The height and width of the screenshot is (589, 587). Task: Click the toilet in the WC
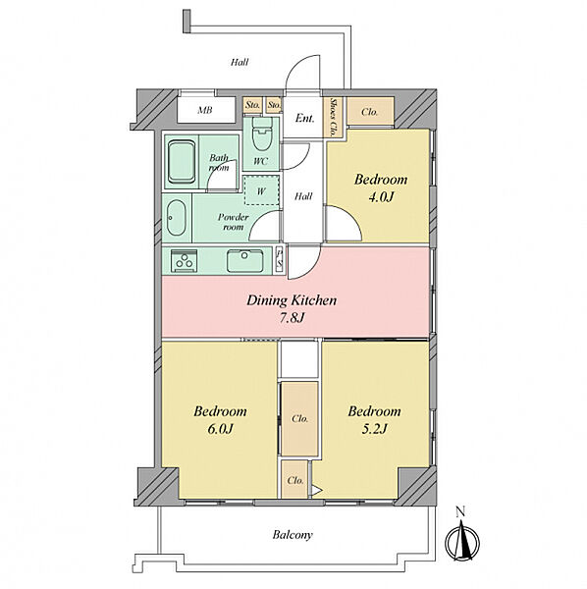click(x=262, y=134)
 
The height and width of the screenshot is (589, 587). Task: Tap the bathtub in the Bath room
click(x=182, y=162)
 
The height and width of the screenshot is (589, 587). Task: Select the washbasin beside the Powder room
click(x=176, y=218)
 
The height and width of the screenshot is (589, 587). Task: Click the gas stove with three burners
click(x=184, y=260)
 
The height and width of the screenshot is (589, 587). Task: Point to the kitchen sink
click(x=245, y=260)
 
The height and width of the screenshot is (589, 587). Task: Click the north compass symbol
click(x=462, y=539)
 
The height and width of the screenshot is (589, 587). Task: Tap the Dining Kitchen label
click(x=292, y=300)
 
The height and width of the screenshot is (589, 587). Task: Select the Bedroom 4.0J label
click(x=381, y=187)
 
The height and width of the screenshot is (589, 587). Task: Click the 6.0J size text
click(x=221, y=429)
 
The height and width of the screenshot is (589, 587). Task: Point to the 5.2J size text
click(x=374, y=429)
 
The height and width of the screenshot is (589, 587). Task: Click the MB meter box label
click(x=205, y=110)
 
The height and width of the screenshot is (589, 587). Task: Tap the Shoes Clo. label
click(x=333, y=117)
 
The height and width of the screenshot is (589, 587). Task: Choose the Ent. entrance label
click(x=304, y=119)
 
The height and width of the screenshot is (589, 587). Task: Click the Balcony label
click(x=293, y=535)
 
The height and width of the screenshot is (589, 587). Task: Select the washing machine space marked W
click(x=261, y=190)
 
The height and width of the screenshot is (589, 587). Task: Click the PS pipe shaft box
click(x=280, y=260)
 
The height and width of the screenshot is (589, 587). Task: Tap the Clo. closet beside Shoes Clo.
click(x=370, y=112)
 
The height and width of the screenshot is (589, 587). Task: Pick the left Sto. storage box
click(x=252, y=105)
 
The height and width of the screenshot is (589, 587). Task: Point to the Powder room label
click(x=234, y=222)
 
